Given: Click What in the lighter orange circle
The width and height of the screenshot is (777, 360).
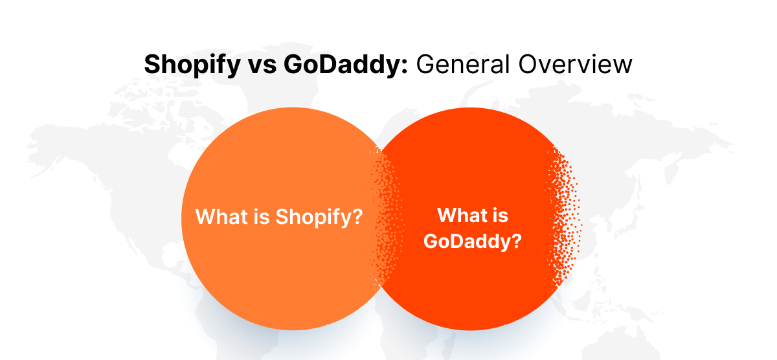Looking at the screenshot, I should click(x=220, y=216).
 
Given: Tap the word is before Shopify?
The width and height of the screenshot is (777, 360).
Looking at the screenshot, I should click(x=260, y=216).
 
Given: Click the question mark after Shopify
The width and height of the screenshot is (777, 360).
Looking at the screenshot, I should click(x=355, y=216).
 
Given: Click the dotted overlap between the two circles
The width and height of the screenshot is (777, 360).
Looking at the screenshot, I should click(x=387, y=214).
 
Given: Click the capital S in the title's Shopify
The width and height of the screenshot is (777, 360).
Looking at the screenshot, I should click(x=151, y=65).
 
